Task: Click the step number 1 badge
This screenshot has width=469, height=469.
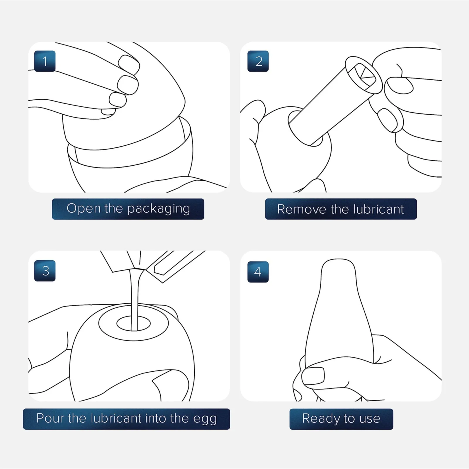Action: point(45,61)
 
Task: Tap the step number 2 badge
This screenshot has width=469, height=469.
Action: point(258,61)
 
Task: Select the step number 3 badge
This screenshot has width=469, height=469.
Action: point(45,271)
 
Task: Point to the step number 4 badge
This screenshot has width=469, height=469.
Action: point(258,272)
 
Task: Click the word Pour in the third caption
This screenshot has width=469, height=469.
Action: point(50,418)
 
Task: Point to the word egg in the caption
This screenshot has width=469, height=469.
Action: point(205,419)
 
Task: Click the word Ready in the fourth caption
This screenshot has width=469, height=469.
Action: point(318,419)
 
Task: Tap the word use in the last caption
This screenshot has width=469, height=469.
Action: point(370,419)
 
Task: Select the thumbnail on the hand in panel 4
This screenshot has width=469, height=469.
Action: point(313,376)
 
